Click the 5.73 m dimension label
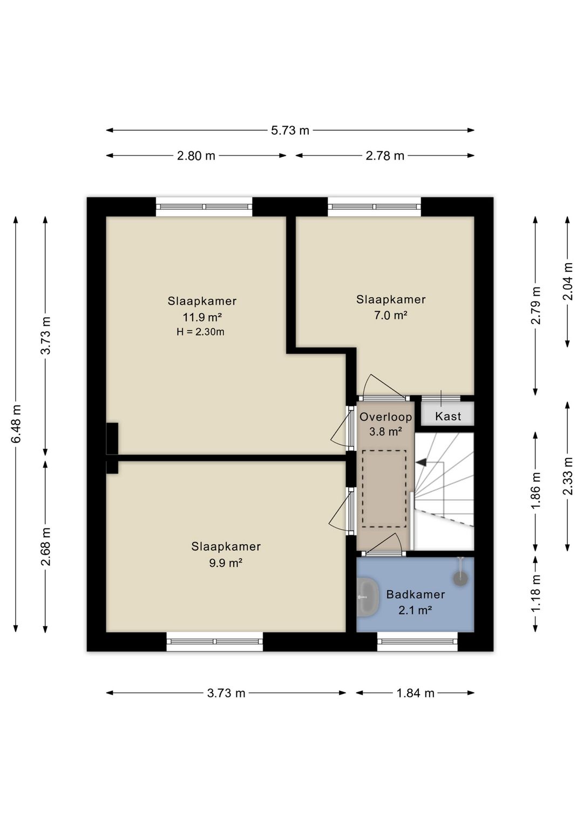pyautogui.click(x=290, y=131)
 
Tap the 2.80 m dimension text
pyautogui.click(x=196, y=156)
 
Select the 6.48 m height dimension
pyautogui.click(x=16, y=424)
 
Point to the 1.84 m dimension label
pyautogui.click(x=415, y=693)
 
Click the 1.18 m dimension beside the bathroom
pyautogui.click(x=537, y=593)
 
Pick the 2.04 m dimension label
pyautogui.click(x=568, y=281)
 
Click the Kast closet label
pyautogui.click(x=448, y=416)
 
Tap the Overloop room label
pyautogui.click(x=385, y=417)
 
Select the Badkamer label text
pyautogui.click(x=415, y=594)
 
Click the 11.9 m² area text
pyautogui.click(x=202, y=317)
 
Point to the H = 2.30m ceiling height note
pyautogui.click(x=200, y=332)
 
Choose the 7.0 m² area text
pyautogui.click(x=391, y=316)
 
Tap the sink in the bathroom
pyautogui.click(x=368, y=597)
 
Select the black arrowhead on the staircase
pyautogui.click(x=421, y=462)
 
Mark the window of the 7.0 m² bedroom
pyautogui.click(x=374, y=207)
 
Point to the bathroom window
pyautogui.click(x=417, y=641)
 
